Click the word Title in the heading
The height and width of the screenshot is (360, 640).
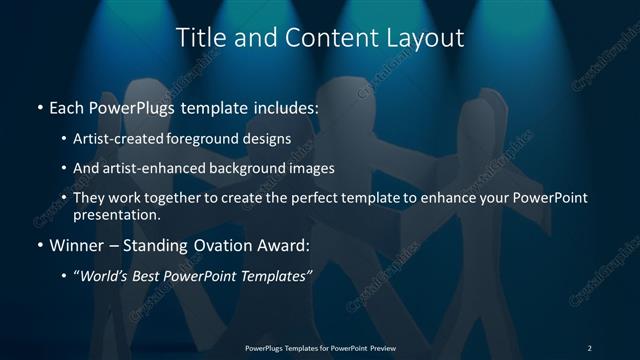198,39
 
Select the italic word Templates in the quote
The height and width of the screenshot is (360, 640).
280,275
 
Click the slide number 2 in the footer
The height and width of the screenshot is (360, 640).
589,347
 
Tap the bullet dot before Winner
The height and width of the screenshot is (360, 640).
39,246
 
